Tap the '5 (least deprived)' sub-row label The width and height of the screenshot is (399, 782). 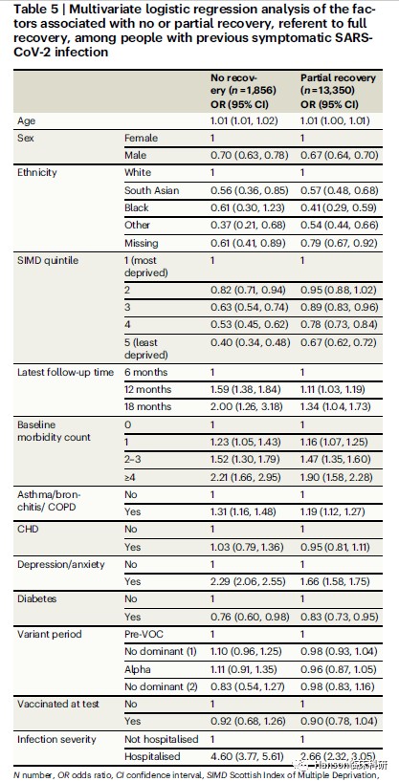pyautogui.click(x=145, y=349)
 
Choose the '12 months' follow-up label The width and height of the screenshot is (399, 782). pyautogui.click(x=147, y=389)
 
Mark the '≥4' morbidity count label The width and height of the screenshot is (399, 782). pyautogui.click(x=130, y=477)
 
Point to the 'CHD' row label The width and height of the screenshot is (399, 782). pyautogui.click(x=27, y=529)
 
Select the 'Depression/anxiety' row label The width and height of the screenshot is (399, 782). pyautogui.click(x=61, y=564)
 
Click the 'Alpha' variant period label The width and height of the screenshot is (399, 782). pyautogui.click(x=136, y=669)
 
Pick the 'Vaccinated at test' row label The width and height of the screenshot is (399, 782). pyautogui.click(x=58, y=704)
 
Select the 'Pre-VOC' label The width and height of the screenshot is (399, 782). pyautogui.click(x=142, y=634)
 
